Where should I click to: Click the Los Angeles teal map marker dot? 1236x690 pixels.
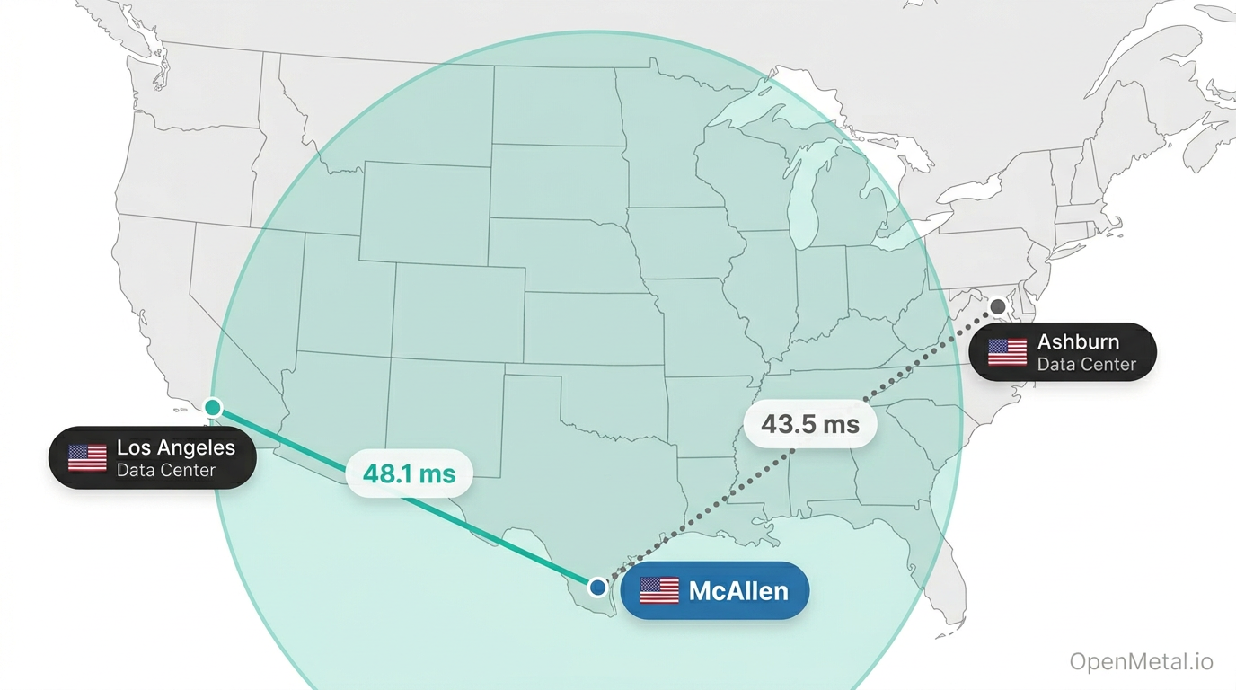[x=213, y=407]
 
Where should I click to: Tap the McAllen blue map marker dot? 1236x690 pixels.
[x=597, y=588]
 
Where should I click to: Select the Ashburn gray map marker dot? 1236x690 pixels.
[x=998, y=306]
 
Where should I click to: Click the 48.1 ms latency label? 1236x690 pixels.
[x=410, y=473]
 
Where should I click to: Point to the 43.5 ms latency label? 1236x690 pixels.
[x=810, y=423]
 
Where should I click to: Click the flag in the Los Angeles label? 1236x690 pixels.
[x=87, y=457]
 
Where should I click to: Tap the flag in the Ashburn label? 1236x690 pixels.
[x=1007, y=352]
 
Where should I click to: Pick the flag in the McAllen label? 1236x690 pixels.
[x=659, y=590]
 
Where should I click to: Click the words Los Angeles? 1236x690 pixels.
[x=176, y=447]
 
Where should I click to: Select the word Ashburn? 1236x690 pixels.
[x=1078, y=342]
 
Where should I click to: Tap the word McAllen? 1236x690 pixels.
[x=738, y=591]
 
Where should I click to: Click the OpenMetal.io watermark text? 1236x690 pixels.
[x=1141, y=662]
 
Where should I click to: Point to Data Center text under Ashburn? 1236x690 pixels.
[x=1087, y=365]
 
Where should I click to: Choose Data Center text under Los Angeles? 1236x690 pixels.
[x=166, y=470]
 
